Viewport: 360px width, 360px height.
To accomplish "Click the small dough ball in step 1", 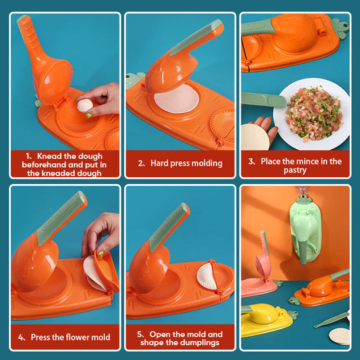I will [85, 105].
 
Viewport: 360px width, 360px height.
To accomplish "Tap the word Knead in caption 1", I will [50, 156].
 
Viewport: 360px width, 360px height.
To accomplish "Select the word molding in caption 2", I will [206, 163].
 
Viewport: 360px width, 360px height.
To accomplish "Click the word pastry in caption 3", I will [295, 170].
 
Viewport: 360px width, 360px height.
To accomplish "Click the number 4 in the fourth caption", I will [21, 337].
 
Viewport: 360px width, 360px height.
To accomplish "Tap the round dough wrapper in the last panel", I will [339, 336].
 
